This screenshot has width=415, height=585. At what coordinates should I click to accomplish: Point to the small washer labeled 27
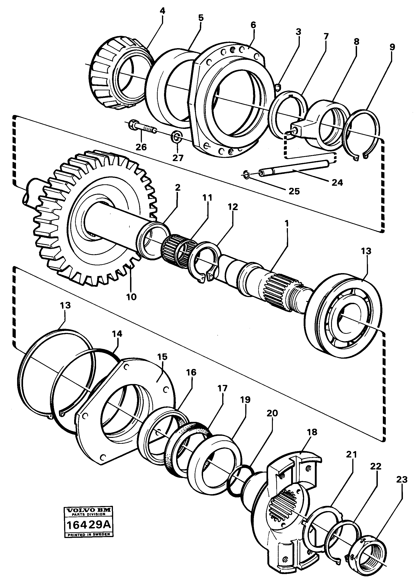(x=176, y=136)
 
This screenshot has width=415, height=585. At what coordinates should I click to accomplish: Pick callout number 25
(x=294, y=191)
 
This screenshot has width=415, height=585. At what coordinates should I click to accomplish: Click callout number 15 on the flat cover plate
(x=162, y=357)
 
